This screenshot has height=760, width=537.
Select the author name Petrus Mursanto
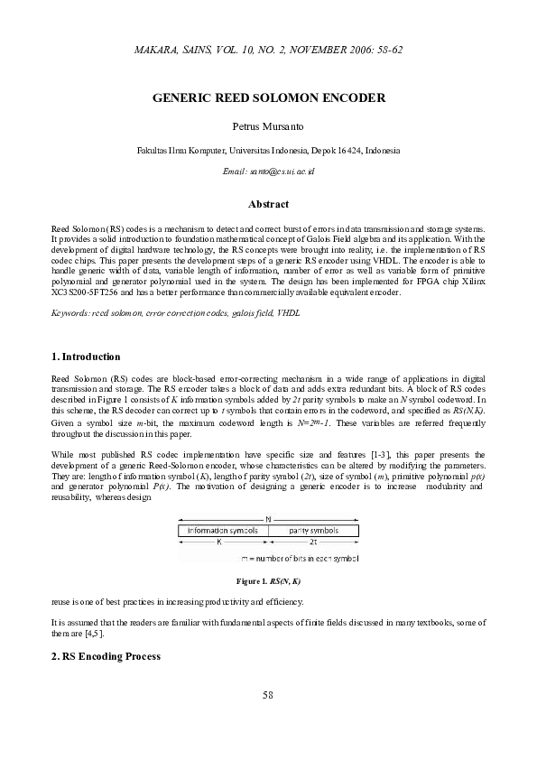coord(268,126)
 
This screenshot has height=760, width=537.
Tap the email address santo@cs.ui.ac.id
coord(268,171)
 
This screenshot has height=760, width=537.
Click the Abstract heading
coord(268,204)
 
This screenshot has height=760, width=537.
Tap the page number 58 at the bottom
coord(268,694)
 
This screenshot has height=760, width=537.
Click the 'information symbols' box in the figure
coord(223,532)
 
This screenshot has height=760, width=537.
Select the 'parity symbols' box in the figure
coord(312,532)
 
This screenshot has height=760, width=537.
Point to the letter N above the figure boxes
coord(268,519)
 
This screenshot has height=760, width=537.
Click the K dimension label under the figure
coord(218,544)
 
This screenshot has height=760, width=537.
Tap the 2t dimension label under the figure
coord(312,544)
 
